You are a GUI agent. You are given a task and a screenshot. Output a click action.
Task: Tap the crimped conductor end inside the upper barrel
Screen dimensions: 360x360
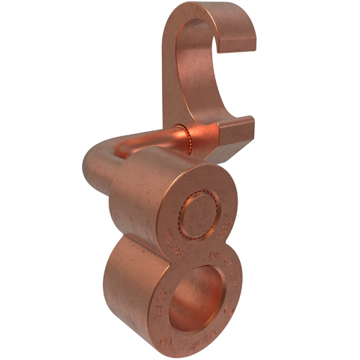click(198, 213)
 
